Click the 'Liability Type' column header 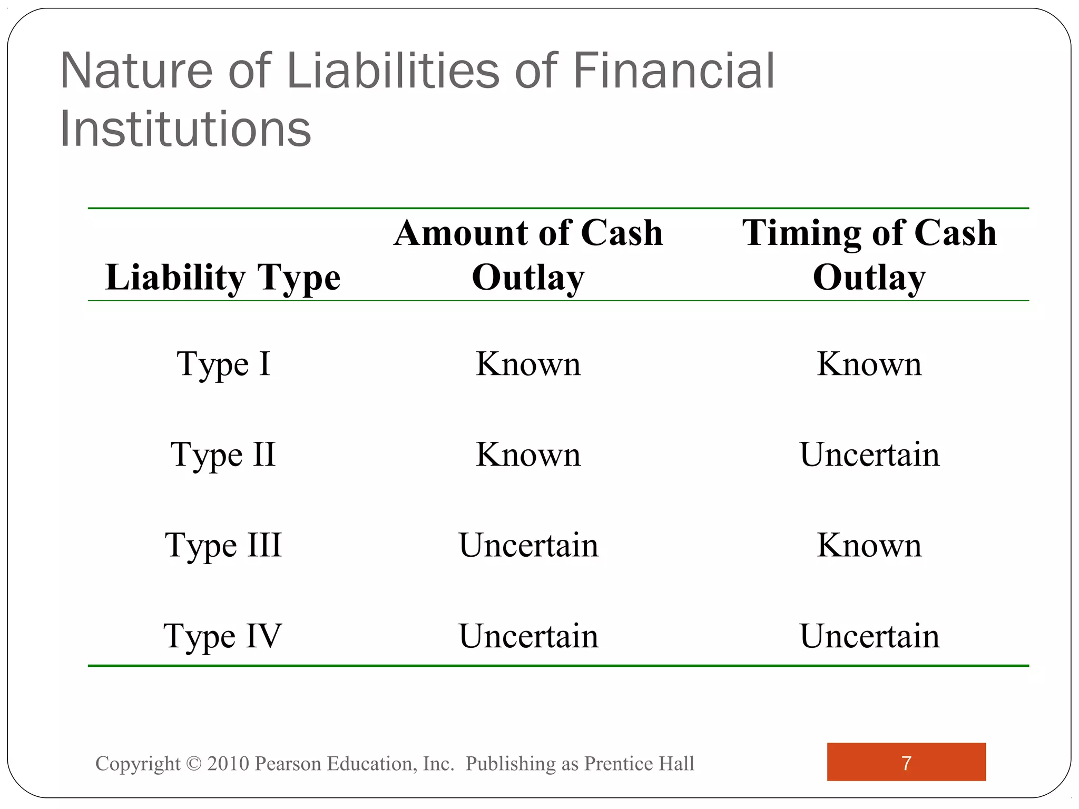coord(223,278)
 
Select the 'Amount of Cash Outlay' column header coord(528,255)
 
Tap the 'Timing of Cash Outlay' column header coord(869,255)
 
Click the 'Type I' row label coord(223,364)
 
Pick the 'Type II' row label coord(223,455)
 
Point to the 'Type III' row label coord(223,546)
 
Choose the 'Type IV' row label coord(223,636)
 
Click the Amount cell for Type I coord(528,364)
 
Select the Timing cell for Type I coord(869,364)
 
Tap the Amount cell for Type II coord(528,455)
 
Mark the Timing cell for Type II coord(869,455)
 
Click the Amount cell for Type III coord(528,546)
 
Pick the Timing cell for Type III coord(869,546)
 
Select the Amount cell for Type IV coord(528,636)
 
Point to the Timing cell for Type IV coord(869,636)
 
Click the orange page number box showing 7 coord(906,762)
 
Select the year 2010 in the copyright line coord(228,764)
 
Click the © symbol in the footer coord(194,764)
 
